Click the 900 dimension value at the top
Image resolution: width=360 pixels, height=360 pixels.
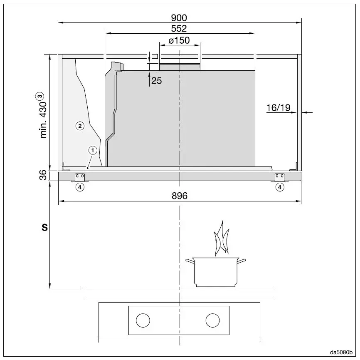pos(179,17)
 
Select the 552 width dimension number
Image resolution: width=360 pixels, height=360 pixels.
pos(179,29)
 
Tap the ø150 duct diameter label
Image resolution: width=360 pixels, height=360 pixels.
pos(179,40)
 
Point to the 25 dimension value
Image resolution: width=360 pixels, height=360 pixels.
pos(157,81)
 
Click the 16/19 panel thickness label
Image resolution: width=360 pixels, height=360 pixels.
pos(278,108)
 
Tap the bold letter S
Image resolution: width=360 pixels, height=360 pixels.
pos(44,228)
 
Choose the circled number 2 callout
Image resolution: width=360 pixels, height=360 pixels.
pos(80,125)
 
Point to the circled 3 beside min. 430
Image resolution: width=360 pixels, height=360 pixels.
pos(40,96)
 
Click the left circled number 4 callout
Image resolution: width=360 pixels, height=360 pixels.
pos(79,187)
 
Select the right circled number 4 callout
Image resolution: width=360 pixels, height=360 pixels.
pos(280,187)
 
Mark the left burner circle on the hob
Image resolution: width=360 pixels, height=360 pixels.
pos(143,320)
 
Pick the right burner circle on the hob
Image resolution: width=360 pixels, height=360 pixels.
pos(212,320)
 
